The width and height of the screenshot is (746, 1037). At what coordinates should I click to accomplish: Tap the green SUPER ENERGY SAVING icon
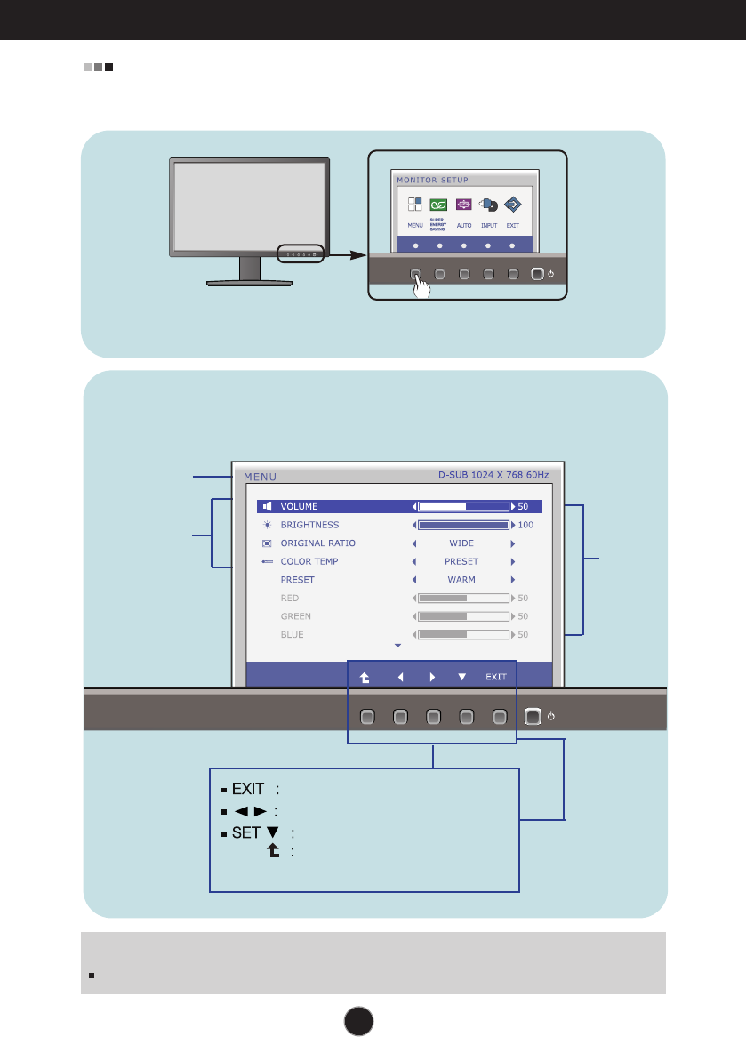pyautogui.click(x=438, y=205)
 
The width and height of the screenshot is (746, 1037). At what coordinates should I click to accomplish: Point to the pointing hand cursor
pyautogui.click(x=422, y=287)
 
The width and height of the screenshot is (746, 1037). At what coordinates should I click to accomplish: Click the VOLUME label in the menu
pyautogui.click(x=299, y=507)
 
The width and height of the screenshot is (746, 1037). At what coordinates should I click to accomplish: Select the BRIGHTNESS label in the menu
pyautogui.click(x=309, y=525)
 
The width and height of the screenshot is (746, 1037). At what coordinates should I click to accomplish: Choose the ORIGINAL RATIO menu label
pyautogui.click(x=317, y=543)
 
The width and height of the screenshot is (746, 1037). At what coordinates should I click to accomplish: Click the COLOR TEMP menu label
pyautogui.click(x=309, y=561)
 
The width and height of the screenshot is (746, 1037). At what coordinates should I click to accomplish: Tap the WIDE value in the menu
pyautogui.click(x=461, y=543)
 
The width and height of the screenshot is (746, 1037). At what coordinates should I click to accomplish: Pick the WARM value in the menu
pyautogui.click(x=461, y=580)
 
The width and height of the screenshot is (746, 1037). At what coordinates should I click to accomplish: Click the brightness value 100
pyautogui.click(x=525, y=526)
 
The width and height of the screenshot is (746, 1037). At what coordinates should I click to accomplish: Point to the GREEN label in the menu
pyautogui.click(x=295, y=616)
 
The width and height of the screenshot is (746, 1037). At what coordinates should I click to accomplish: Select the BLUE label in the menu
pyautogui.click(x=292, y=635)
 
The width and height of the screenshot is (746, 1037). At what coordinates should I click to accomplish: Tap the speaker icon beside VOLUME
pyautogui.click(x=267, y=507)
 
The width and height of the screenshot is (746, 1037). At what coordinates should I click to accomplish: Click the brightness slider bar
pyautogui.click(x=463, y=525)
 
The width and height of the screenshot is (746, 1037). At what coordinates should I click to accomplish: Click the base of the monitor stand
pyautogui.click(x=249, y=283)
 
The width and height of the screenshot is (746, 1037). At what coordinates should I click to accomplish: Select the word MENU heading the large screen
pyautogui.click(x=260, y=476)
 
